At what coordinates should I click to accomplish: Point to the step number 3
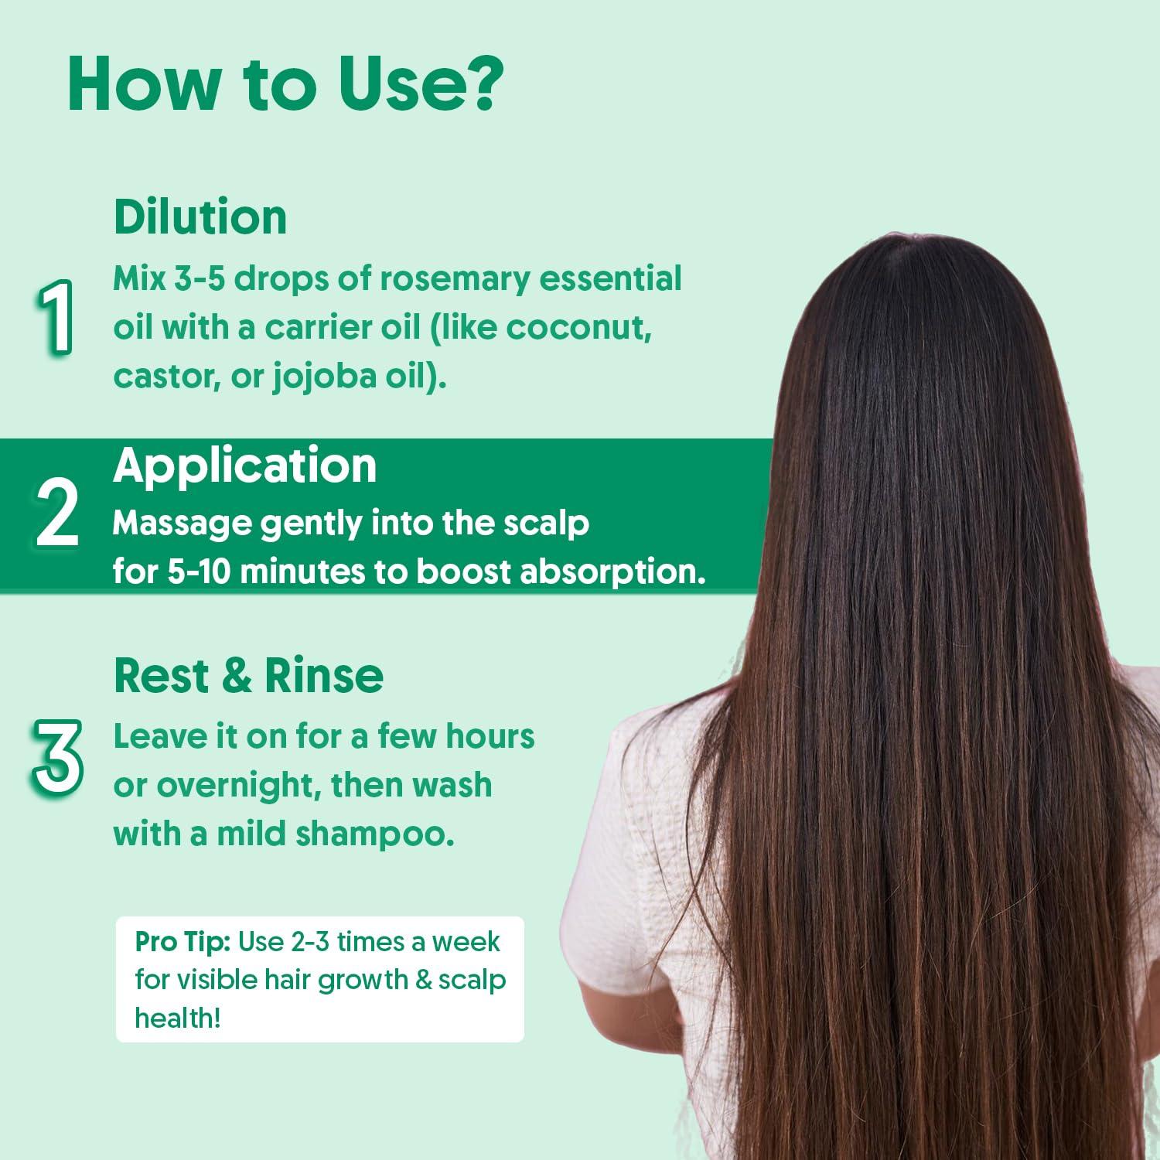click(57, 757)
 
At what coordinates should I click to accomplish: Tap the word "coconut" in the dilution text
click(575, 328)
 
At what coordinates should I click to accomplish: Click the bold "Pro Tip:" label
click(183, 942)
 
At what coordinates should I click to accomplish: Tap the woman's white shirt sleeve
click(626, 874)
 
